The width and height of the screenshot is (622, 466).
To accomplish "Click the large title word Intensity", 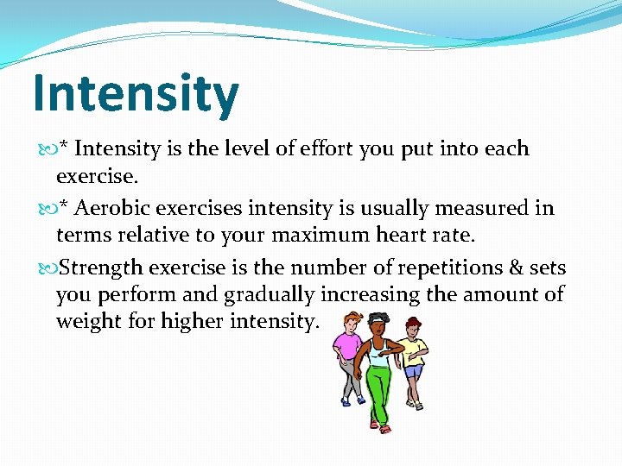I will (x=135, y=94).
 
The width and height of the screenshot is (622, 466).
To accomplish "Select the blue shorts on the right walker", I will (x=414, y=372).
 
